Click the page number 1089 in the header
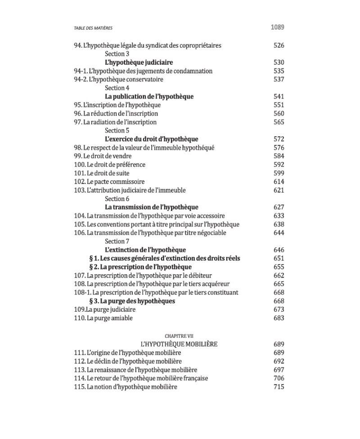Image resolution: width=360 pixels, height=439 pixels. [277, 27]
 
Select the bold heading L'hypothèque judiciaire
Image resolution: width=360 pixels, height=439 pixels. [139, 63]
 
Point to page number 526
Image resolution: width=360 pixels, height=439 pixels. [279, 45]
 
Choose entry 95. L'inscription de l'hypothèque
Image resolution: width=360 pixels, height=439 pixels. [117, 105]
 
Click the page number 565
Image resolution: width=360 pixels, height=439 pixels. [279, 122]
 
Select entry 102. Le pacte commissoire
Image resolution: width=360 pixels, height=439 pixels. [109, 182]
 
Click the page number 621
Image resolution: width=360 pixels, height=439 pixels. [279, 191]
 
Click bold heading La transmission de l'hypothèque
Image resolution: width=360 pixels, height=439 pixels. [152, 207]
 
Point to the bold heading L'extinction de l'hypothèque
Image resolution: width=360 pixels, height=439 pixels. [145, 250]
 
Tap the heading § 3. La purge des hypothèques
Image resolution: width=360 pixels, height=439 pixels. [132, 301]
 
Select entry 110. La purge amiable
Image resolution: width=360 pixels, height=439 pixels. [103, 318]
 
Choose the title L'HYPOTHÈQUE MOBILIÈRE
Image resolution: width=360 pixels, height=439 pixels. [179, 345]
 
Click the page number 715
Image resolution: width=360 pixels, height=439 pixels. [279, 387]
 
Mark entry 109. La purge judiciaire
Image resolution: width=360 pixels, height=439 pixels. [104, 310]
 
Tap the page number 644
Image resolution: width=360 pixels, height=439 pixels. [279, 233]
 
